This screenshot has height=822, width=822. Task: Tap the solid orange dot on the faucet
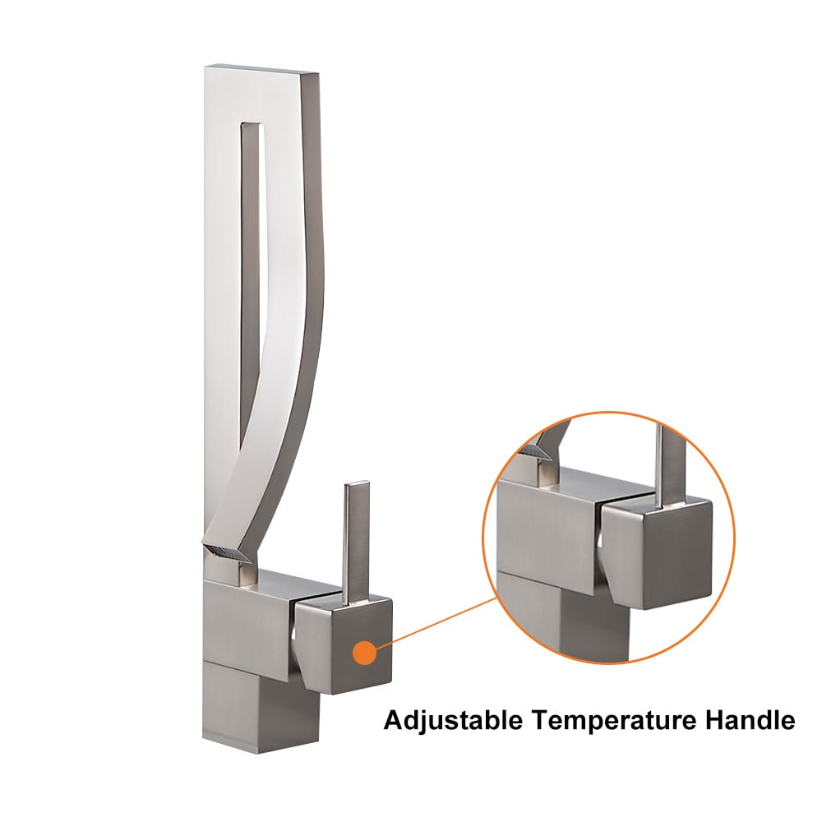pyautogui.click(x=365, y=653)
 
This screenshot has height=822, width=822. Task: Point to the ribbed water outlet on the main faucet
pyautogui.click(x=227, y=553)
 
